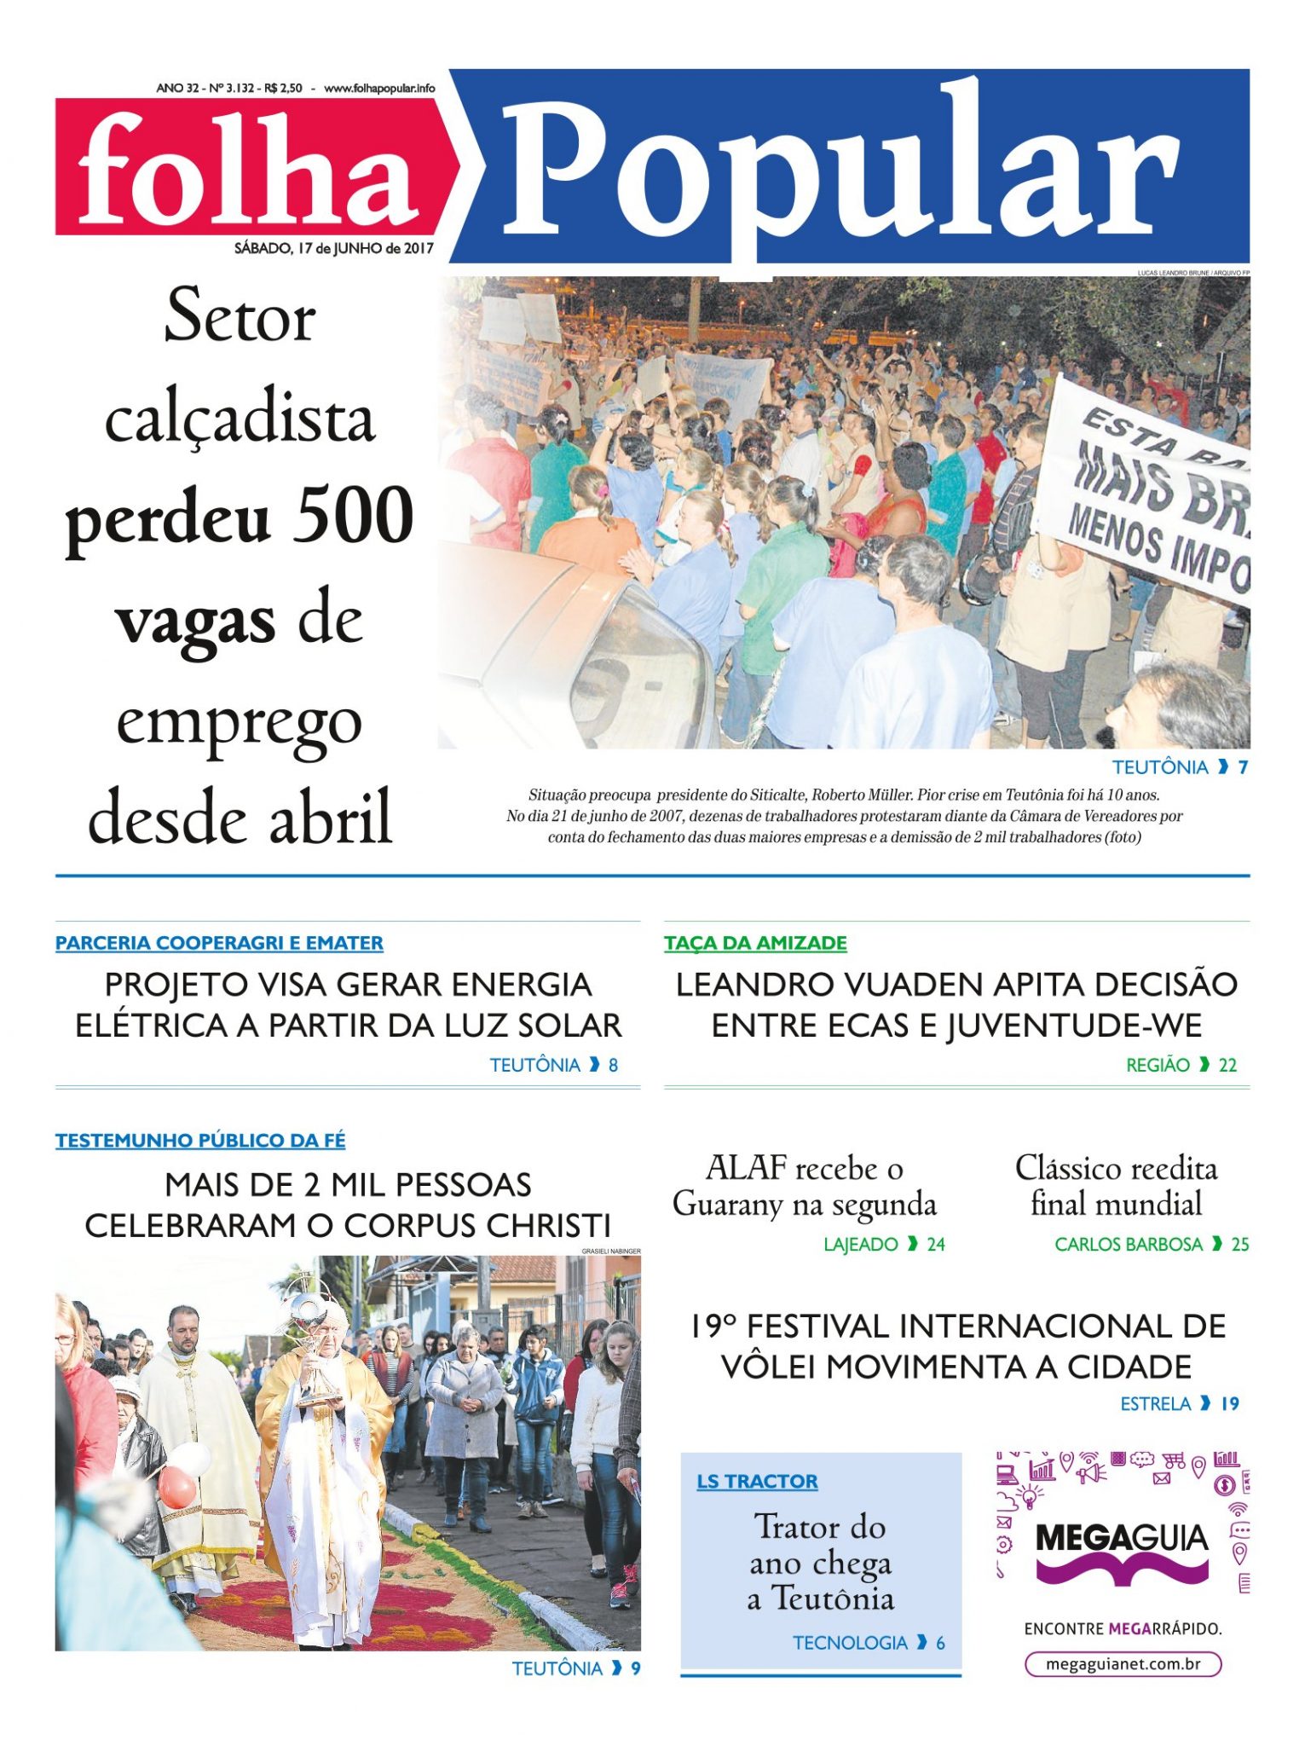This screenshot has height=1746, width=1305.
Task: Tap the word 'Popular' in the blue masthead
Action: [x=840, y=171]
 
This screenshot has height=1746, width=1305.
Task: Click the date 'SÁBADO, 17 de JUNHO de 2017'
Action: [x=334, y=248]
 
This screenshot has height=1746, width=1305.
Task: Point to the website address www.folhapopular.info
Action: [x=379, y=88]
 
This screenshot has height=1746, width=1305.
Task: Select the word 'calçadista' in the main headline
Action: [x=240, y=419]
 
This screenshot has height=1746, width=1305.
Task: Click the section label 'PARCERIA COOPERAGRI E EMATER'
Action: [x=219, y=943]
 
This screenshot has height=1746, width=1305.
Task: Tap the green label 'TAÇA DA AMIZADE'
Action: [x=755, y=943]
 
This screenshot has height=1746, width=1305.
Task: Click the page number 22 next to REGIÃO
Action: [x=1227, y=1065]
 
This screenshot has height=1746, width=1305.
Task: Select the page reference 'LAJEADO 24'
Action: [x=884, y=1244]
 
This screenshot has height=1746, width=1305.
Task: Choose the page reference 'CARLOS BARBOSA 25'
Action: [x=1151, y=1244]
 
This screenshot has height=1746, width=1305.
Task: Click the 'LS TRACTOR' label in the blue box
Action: [x=757, y=1481]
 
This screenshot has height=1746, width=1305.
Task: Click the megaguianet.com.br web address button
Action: [x=1123, y=1663]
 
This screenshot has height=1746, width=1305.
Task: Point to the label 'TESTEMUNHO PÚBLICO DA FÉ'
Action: [x=200, y=1140]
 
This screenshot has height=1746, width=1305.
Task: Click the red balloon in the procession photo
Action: [x=177, y=1488]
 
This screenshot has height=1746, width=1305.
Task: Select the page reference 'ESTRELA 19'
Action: [x=1179, y=1403]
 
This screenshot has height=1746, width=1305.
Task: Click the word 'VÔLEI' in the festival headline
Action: [x=769, y=1367]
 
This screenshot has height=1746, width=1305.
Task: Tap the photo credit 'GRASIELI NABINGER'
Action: [x=611, y=1251]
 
